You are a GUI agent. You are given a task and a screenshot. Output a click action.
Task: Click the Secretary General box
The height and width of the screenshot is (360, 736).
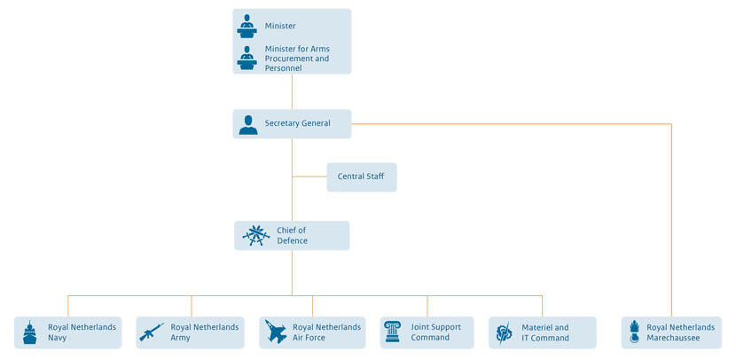[292, 124]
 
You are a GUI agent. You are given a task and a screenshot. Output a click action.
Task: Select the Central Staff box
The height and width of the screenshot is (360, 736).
[361, 177]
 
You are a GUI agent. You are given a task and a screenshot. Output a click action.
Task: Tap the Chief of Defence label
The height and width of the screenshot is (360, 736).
[292, 236]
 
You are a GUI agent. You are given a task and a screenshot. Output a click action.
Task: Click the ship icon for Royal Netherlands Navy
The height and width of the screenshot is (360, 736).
[30, 333]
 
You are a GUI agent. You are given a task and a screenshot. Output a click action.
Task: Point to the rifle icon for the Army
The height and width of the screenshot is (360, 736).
[152, 332]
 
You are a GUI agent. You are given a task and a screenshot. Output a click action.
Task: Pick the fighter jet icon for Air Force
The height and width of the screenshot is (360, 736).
[275, 333]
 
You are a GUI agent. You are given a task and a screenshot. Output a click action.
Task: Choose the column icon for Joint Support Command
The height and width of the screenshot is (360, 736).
[392, 333]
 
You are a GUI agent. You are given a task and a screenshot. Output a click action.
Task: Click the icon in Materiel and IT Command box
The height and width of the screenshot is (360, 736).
[504, 333]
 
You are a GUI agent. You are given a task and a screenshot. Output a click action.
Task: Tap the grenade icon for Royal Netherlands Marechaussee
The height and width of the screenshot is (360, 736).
[634, 333]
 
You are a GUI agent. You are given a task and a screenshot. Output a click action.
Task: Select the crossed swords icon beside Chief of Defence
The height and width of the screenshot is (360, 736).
[256, 236]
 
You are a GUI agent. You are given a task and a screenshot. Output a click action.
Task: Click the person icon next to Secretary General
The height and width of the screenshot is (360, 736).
[248, 124]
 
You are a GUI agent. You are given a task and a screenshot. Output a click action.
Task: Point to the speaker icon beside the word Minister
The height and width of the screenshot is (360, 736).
[247, 26]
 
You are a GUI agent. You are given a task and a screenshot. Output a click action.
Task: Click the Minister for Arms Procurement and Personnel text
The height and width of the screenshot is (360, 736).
[297, 59]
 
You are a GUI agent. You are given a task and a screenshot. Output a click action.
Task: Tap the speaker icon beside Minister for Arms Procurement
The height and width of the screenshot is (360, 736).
[247, 59]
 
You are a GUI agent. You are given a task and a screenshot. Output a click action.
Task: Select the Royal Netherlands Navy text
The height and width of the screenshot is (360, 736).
[82, 333]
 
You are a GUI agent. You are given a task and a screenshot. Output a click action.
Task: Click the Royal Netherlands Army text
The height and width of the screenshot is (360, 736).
[204, 333]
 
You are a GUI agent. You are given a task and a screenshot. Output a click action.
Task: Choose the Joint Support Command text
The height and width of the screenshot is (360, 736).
[435, 333]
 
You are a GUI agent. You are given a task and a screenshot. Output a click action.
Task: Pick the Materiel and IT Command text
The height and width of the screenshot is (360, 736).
[544, 333]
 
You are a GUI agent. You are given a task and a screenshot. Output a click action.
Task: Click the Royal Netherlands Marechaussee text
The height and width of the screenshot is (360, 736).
[680, 333]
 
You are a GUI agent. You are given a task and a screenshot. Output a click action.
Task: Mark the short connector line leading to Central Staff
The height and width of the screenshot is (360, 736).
[309, 177]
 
